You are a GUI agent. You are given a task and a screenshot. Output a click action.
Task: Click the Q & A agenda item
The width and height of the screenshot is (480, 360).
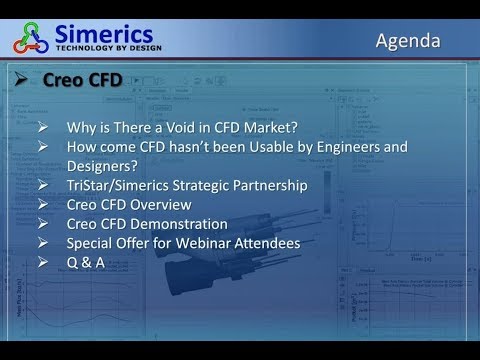coord(82,262)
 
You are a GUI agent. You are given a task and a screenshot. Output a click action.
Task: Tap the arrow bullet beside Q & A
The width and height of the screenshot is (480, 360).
coord(44,262)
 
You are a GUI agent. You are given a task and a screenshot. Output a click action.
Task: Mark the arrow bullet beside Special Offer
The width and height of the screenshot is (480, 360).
coord(44,243)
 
